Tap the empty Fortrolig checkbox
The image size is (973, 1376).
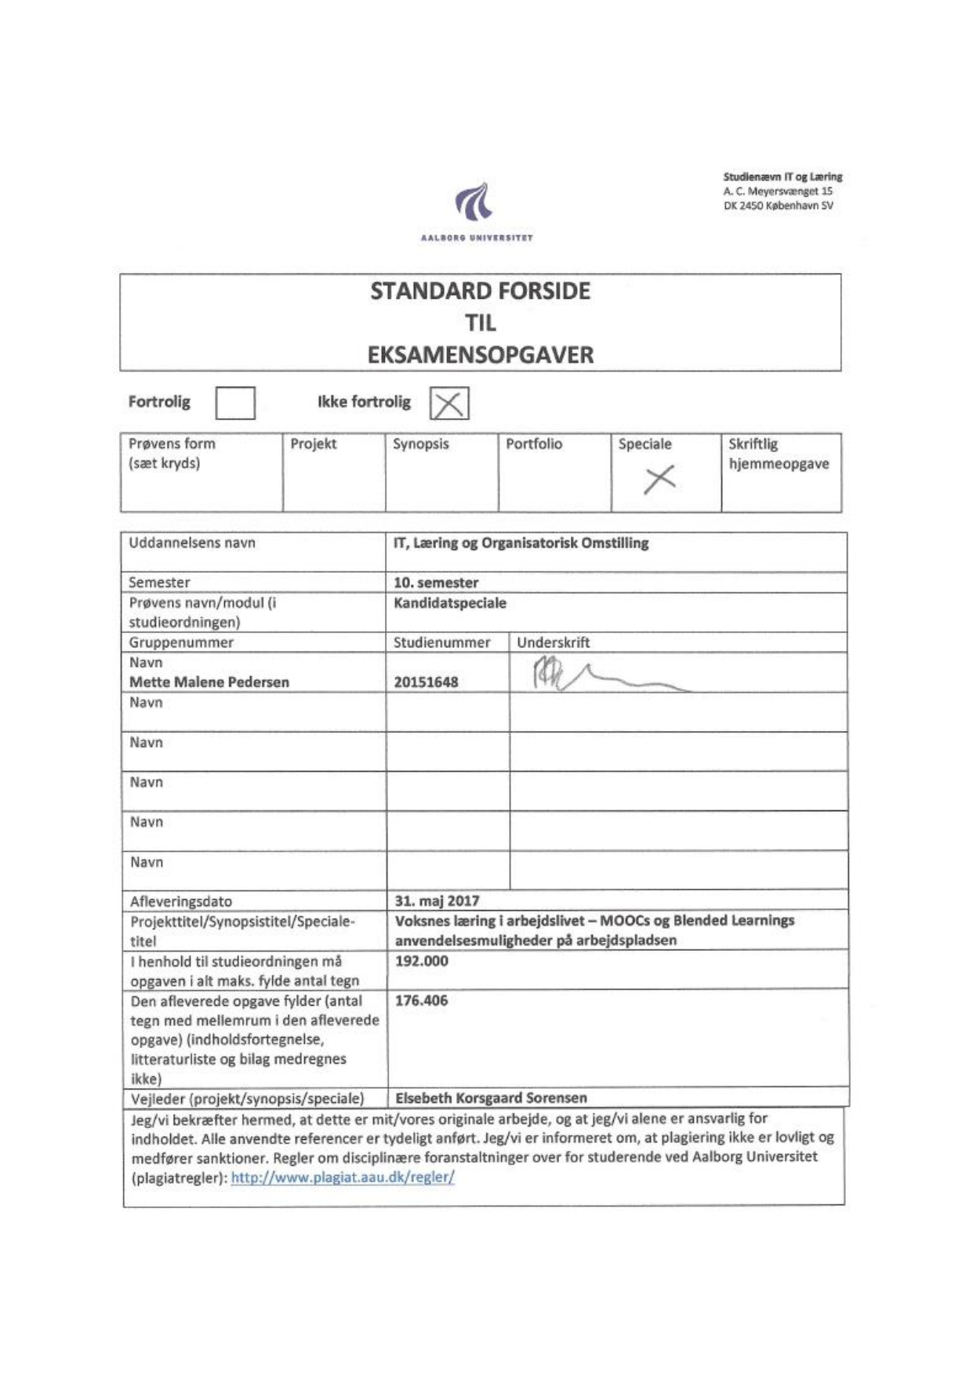pyautogui.click(x=235, y=402)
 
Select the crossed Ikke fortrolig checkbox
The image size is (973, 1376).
pyautogui.click(x=448, y=403)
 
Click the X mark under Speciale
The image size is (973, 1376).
pyautogui.click(x=659, y=479)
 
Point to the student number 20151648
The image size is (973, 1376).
pyautogui.click(x=426, y=682)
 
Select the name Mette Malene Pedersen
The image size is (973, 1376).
pyautogui.click(x=209, y=682)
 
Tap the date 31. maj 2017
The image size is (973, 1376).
pyautogui.click(x=437, y=901)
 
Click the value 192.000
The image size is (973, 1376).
pyautogui.click(x=421, y=961)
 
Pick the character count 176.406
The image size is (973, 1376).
pyautogui.click(x=421, y=1000)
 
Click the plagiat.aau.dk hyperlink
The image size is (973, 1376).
pyautogui.click(x=343, y=1178)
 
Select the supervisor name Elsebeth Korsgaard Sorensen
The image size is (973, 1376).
pyautogui.click(x=491, y=1098)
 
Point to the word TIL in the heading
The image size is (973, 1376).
pyautogui.click(x=480, y=322)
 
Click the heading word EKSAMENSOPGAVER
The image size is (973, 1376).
pyautogui.click(x=481, y=355)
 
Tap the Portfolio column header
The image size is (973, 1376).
pyautogui.click(x=534, y=444)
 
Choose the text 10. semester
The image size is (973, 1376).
pyautogui.click(x=436, y=582)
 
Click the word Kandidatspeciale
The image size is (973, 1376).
pyautogui.click(x=450, y=602)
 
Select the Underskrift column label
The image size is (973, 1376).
pyautogui.click(x=553, y=642)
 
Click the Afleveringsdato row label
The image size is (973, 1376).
pyautogui.click(x=181, y=901)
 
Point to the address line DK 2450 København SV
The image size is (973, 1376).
pyautogui.click(x=778, y=206)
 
